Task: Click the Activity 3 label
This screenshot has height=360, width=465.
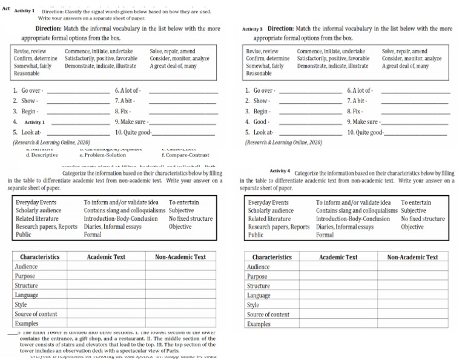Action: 252,28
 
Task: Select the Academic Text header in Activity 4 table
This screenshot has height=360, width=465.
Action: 339,257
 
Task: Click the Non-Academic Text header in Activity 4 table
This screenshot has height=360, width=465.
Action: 412,257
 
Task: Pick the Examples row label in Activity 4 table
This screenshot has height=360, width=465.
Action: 259,324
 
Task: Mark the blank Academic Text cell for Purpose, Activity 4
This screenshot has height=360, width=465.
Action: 339,276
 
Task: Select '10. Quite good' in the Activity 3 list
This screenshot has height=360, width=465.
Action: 365,132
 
